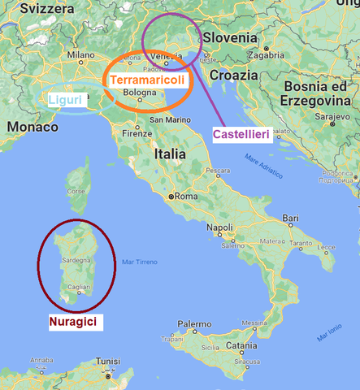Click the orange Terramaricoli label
(147, 81)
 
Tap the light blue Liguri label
(63, 100)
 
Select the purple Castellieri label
(241, 132)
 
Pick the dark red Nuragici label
(73, 323)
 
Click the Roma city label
(187, 196)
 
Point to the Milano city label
(82, 56)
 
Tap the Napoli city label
(220, 228)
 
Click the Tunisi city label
(107, 362)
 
